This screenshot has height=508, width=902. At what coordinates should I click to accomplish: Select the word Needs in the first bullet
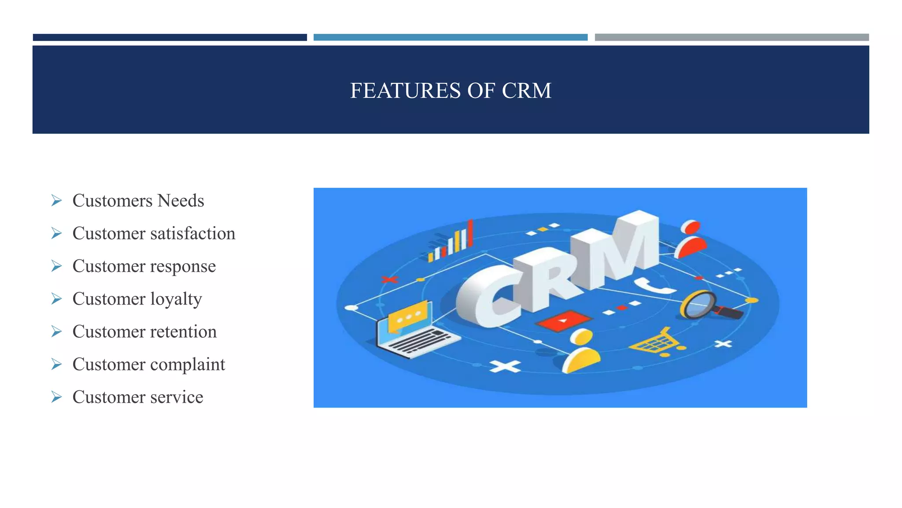(x=181, y=201)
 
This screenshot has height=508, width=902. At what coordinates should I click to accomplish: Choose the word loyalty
(x=176, y=299)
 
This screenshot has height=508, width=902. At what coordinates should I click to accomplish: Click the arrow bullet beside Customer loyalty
(x=56, y=299)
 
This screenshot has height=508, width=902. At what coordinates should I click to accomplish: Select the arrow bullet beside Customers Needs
(x=56, y=201)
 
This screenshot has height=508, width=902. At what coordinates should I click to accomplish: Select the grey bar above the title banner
(x=732, y=37)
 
